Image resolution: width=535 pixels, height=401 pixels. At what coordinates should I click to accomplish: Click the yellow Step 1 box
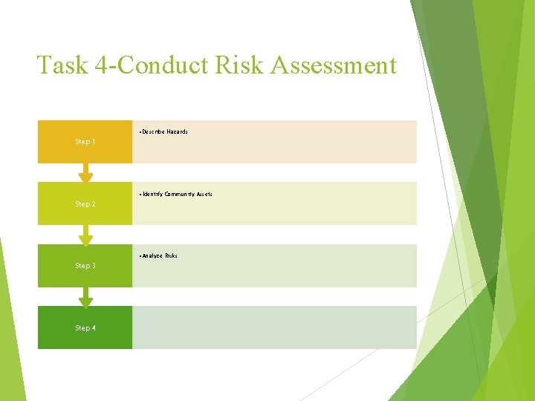pyautogui.click(x=85, y=142)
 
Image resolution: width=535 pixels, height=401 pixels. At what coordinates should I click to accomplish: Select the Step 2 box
pyautogui.click(x=85, y=203)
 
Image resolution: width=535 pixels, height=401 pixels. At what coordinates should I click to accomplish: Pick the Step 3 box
pyautogui.click(x=85, y=266)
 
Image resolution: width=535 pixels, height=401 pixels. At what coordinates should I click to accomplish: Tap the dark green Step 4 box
pyautogui.click(x=85, y=327)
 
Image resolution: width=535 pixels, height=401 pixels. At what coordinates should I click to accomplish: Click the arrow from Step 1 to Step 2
pyautogui.click(x=86, y=174)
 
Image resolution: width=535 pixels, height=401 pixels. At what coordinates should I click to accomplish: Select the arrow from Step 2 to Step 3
pyautogui.click(x=86, y=236)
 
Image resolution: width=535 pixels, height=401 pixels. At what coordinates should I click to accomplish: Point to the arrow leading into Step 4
pyautogui.click(x=86, y=298)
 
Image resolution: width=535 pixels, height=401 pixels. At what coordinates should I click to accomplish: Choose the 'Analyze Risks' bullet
pyautogui.click(x=158, y=256)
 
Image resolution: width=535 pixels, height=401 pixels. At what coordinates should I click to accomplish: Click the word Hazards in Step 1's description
pyautogui.click(x=177, y=132)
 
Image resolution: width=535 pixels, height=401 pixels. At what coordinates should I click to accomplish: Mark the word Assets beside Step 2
pyautogui.click(x=204, y=195)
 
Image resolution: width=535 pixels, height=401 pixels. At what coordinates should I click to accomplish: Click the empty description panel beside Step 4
pyautogui.click(x=274, y=327)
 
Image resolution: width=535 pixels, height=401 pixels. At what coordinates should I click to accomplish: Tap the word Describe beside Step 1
pyautogui.click(x=152, y=132)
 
